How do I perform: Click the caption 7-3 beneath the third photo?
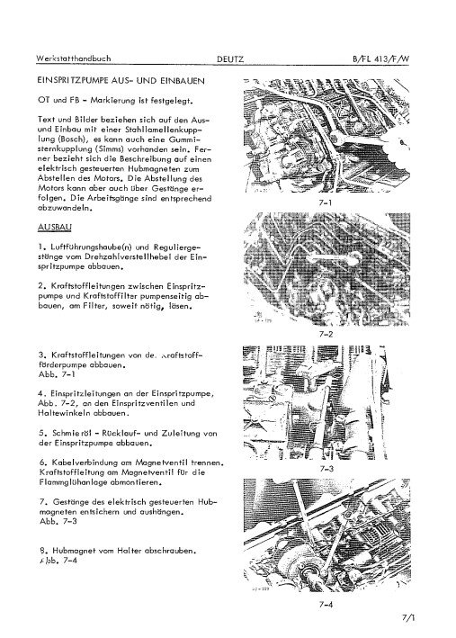click(x=326, y=469)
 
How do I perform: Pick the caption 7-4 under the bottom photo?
click(x=326, y=603)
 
